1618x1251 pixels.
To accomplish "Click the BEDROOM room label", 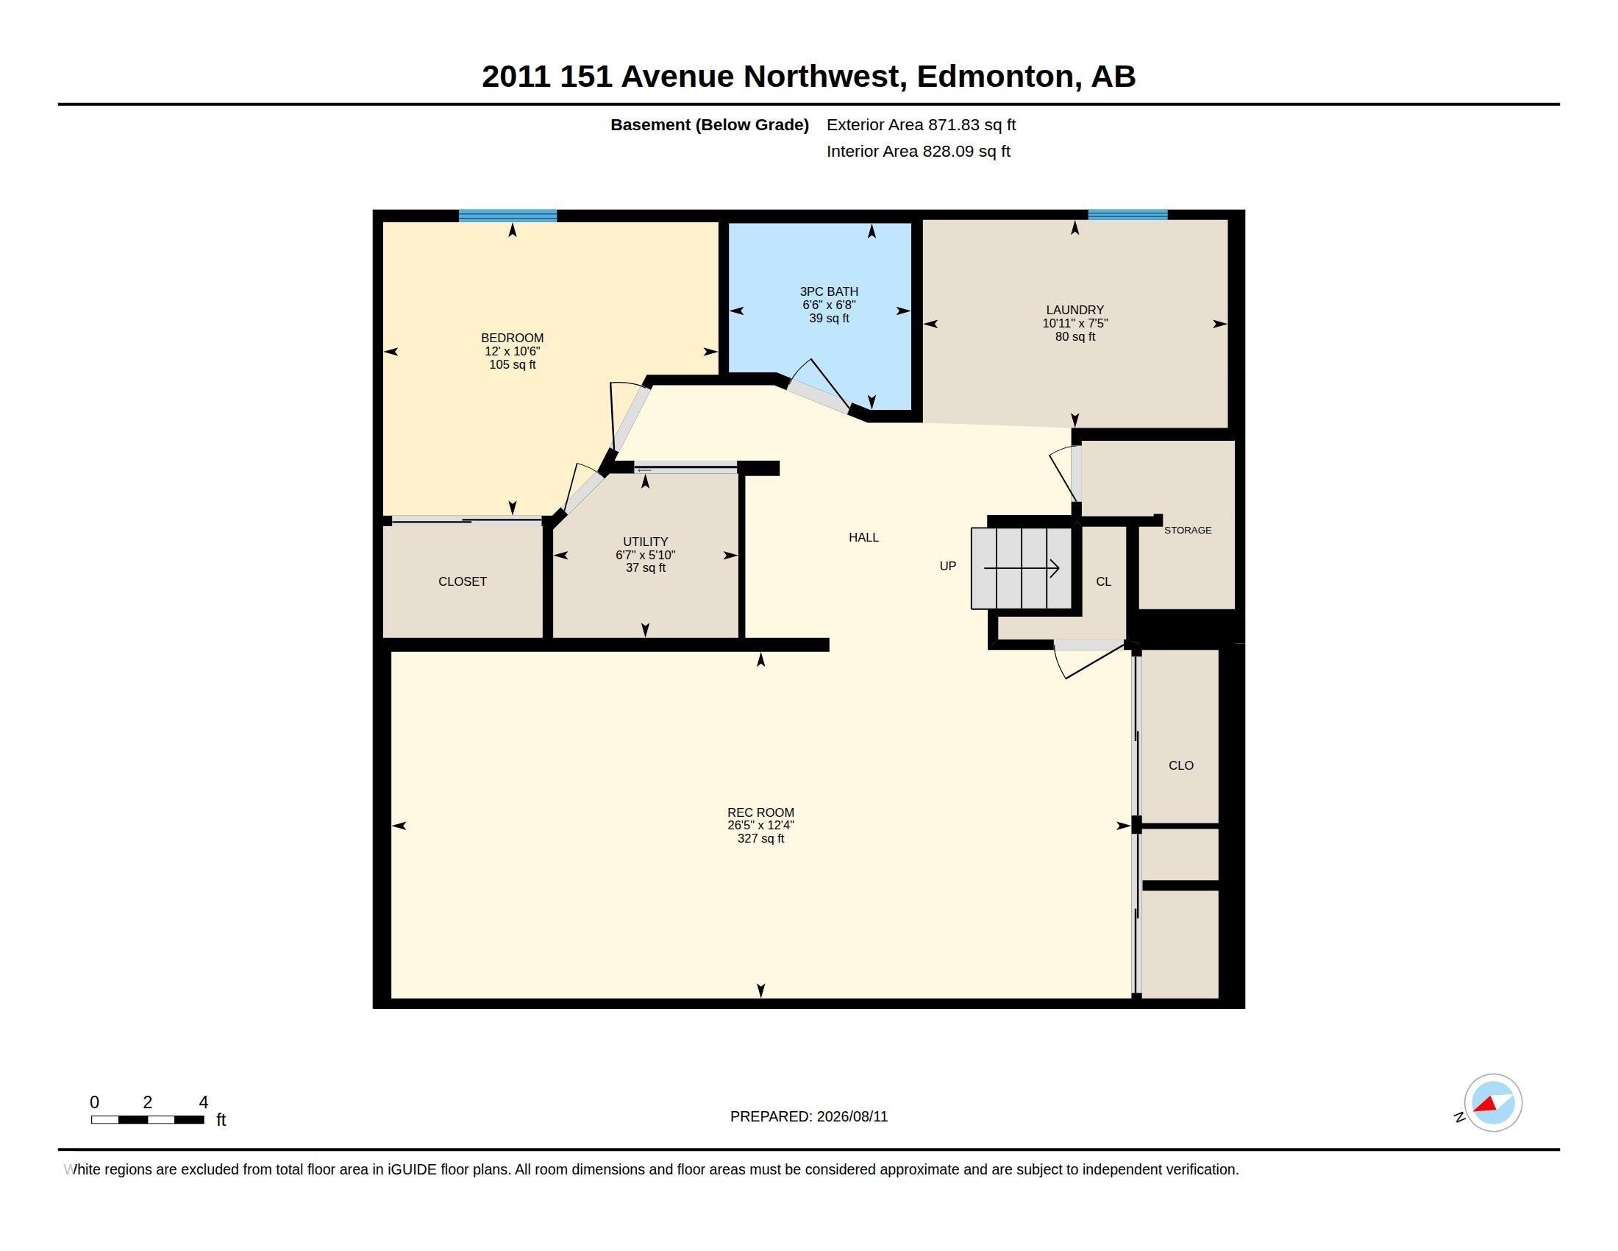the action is coord(512,338).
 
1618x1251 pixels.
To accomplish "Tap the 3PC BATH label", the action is coord(829,292).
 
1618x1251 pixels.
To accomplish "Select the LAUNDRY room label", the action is coord(1075,310).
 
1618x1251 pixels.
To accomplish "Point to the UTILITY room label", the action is coord(645,542).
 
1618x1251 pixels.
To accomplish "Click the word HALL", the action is coord(864,537).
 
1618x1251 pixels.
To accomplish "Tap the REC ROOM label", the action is coord(761,812).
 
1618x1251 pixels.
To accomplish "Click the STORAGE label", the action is coord(1188,530).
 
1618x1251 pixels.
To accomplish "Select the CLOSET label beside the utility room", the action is coord(463,582).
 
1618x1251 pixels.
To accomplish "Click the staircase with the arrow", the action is coord(1022,568).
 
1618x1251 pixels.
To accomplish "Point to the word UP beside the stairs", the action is coord(947,566).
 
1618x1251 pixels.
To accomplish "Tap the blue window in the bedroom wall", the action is coord(507,216).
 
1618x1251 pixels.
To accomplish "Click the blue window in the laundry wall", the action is coord(1127,215).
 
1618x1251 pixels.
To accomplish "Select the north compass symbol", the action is coord(1492,1103).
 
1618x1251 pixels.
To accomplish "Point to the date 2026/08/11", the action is coord(852,1117).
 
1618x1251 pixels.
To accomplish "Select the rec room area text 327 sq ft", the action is coord(761,839).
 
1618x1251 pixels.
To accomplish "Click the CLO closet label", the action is coord(1181,765).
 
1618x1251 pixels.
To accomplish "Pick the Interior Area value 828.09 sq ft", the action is coord(966,152).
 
